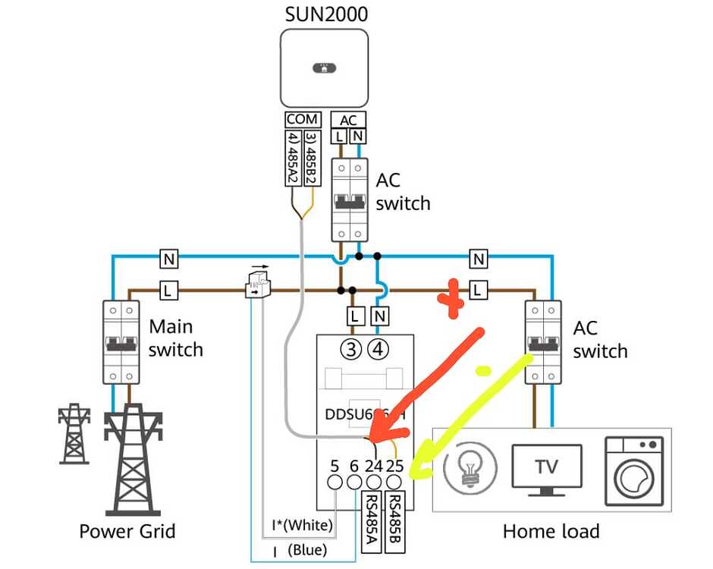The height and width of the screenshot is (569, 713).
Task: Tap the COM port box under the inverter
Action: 302,119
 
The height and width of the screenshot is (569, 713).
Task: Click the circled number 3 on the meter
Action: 353,350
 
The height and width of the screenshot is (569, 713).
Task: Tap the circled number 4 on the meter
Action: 378,350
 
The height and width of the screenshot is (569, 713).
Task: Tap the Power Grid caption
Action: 127,531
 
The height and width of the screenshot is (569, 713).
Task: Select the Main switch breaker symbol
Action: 121,342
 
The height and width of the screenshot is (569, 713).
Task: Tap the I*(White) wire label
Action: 302,524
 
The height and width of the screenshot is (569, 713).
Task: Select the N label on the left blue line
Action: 168,260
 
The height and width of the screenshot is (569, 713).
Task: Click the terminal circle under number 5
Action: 335,483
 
